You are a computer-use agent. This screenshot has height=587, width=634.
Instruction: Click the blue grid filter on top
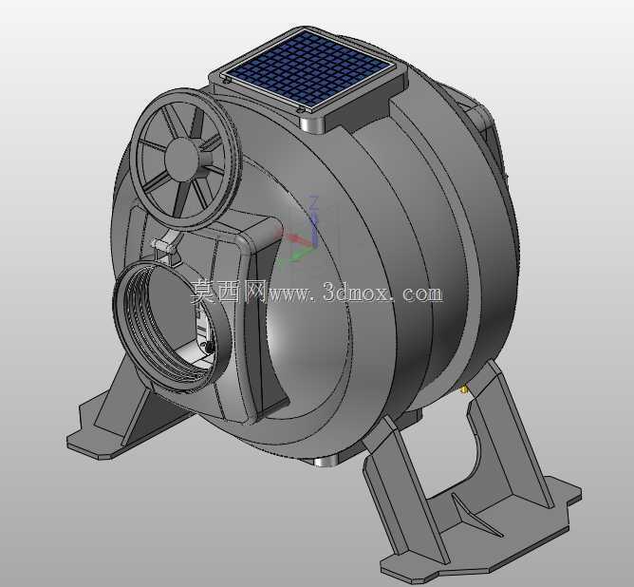click(309, 71)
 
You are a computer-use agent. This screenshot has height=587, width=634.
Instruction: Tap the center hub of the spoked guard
click(182, 159)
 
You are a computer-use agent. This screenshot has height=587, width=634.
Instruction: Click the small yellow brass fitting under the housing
click(464, 389)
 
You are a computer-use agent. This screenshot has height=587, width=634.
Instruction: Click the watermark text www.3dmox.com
click(355, 293)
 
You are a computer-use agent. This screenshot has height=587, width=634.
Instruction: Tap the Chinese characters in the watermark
click(229, 292)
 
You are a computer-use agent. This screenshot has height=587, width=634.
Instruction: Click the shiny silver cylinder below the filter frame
click(311, 124)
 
